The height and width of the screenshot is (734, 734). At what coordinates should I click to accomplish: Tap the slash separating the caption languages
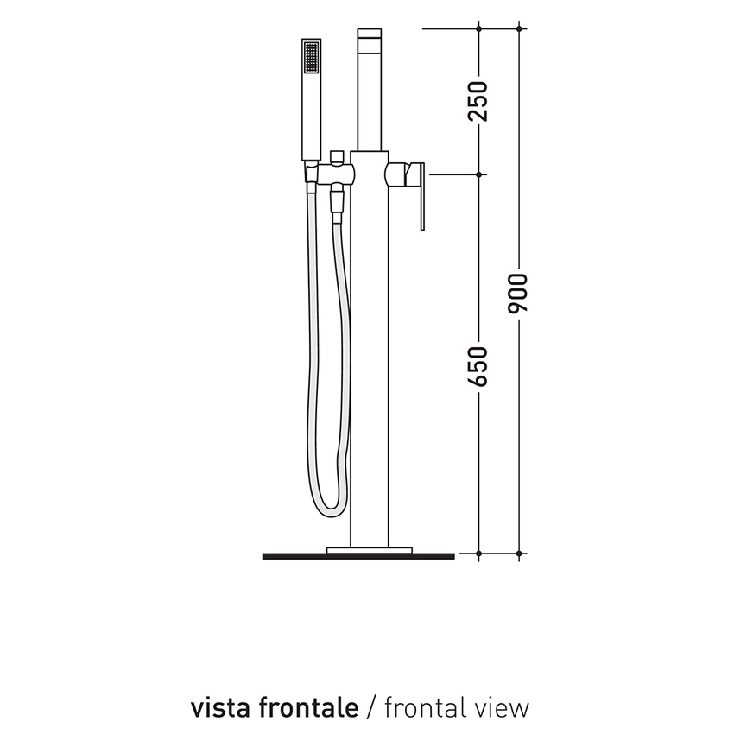pos(371,708)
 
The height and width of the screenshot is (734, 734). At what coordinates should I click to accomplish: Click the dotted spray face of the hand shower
pos(311,60)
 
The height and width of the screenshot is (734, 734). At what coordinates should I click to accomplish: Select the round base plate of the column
pos(370,548)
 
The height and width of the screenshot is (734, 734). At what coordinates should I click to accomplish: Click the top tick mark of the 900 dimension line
pos(520,28)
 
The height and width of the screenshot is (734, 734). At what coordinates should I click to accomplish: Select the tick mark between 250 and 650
pos(479,174)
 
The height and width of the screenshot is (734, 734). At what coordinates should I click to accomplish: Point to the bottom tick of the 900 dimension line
pos(520,553)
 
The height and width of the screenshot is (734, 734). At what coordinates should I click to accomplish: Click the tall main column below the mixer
pos(370,363)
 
